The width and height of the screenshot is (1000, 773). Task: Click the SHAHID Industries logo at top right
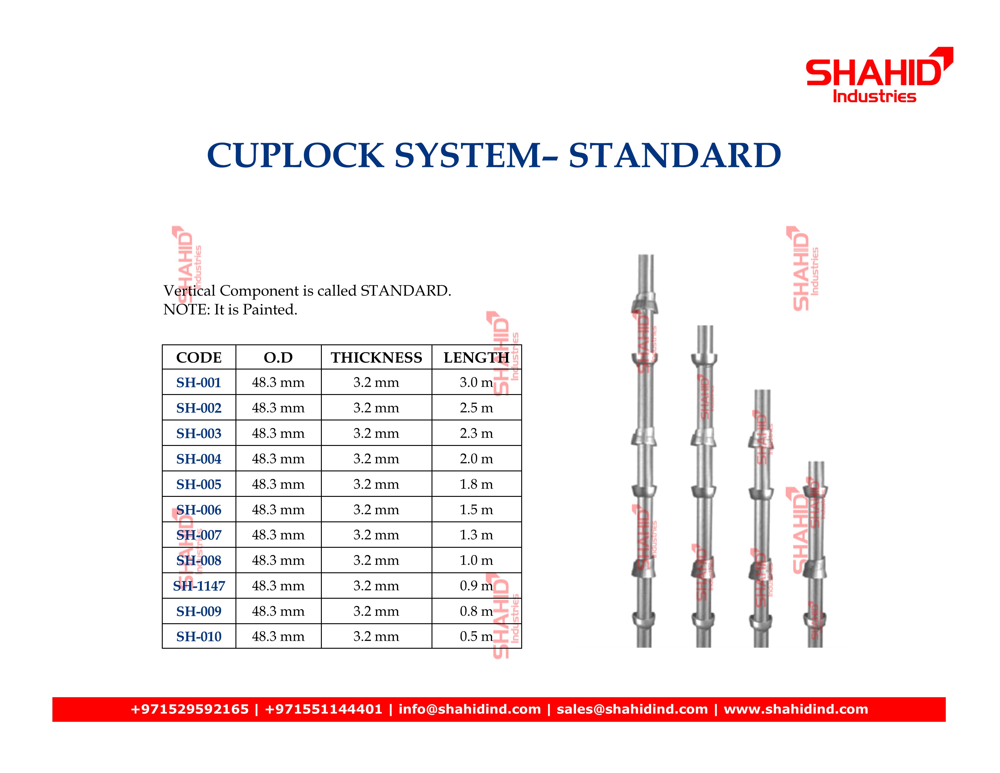(x=879, y=75)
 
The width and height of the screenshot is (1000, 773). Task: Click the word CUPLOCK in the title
(x=295, y=155)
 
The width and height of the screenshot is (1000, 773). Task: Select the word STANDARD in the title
(x=675, y=155)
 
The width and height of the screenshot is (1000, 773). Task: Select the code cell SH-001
(x=199, y=382)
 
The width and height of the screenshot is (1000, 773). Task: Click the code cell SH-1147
(x=199, y=586)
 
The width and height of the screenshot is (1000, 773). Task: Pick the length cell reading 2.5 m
(x=476, y=407)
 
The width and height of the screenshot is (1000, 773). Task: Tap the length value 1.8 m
(x=476, y=484)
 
